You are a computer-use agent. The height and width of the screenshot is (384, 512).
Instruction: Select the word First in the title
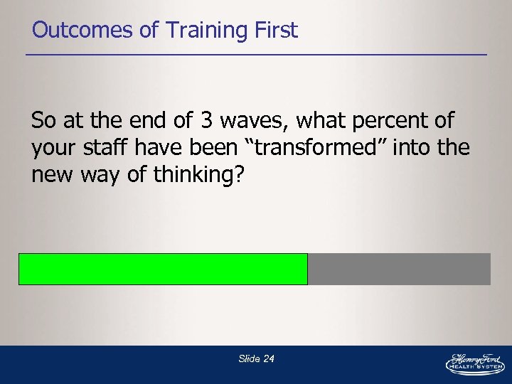273,30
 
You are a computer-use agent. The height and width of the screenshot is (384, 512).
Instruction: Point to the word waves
249,121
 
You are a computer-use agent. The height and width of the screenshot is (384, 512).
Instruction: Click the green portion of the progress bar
163,269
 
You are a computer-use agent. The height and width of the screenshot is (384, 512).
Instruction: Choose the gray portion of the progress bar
399,269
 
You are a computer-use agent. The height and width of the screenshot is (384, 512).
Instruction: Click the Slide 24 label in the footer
256,359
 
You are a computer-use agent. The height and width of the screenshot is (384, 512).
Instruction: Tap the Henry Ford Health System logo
474,363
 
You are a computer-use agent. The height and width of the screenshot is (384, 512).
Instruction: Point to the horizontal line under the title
256,55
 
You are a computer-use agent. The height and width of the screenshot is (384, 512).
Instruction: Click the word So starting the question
44,121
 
